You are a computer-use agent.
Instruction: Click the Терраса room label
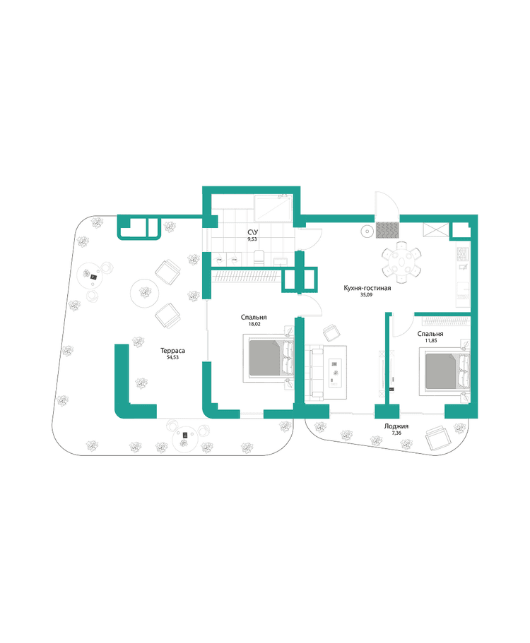(172, 349)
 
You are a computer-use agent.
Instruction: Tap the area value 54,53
(172, 358)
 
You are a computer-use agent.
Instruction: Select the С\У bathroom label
(252, 232)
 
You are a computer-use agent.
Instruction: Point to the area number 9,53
(252, 240)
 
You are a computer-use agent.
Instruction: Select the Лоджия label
(395, 426)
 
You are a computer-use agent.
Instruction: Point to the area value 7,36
(395, 435)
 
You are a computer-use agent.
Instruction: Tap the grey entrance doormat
(387, 230)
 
